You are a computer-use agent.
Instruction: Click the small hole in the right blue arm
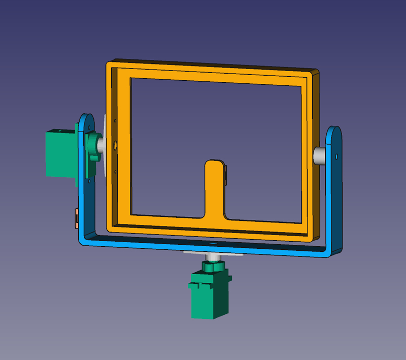point(336,155)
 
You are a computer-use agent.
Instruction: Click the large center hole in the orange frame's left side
point(115,146)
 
